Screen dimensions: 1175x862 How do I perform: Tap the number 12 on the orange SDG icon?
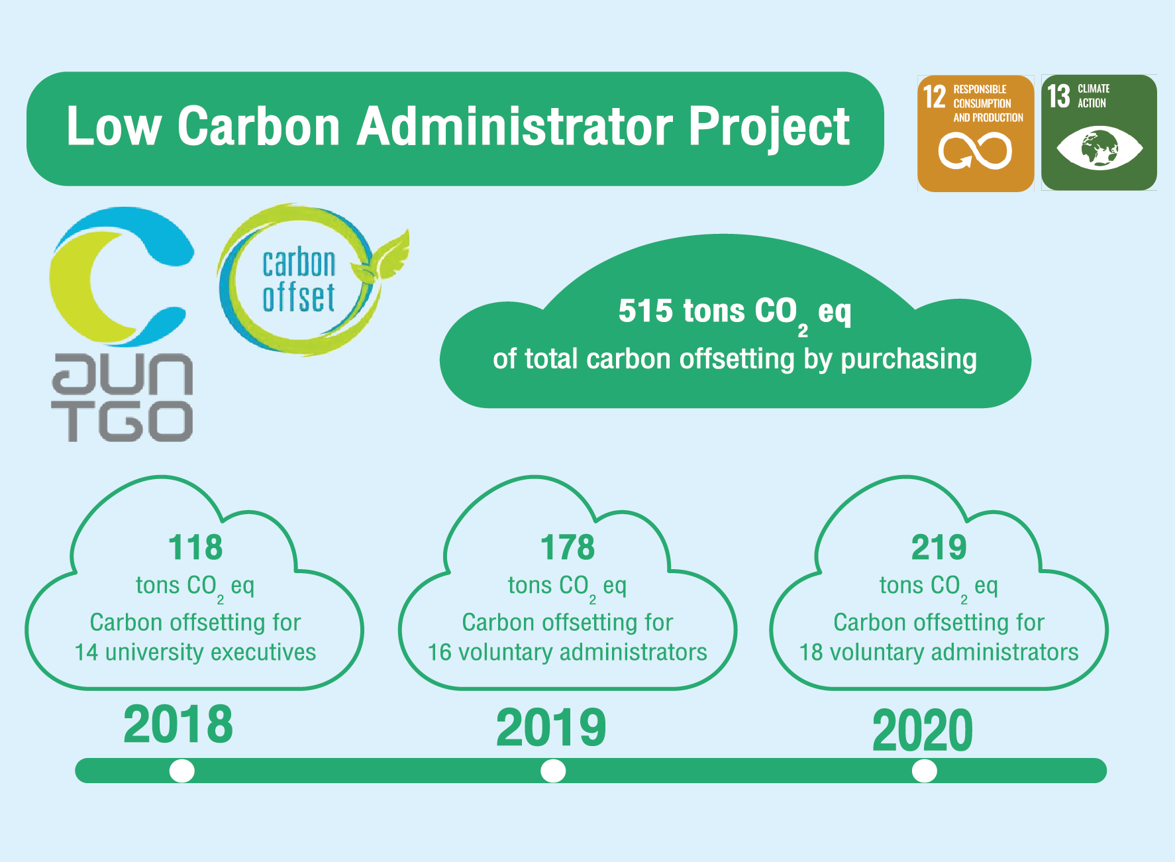935,97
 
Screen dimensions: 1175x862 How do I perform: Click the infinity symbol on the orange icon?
975,151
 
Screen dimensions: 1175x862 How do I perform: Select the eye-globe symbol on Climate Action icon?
1099,148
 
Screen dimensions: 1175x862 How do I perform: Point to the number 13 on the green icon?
1058,96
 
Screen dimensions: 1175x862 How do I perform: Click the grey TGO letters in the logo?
123,421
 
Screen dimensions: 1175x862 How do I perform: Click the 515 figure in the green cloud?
645,311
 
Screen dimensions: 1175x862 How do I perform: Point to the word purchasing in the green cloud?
909,360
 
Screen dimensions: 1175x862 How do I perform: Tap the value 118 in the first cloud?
195,548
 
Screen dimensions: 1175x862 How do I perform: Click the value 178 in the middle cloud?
568,548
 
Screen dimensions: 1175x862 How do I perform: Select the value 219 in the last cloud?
939,548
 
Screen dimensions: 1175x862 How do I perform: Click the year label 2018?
178,724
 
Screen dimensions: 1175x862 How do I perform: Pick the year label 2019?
551,727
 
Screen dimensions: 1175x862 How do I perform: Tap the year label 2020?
923,730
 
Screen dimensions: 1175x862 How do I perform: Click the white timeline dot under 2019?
553,771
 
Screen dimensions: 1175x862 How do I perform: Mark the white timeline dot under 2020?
925,771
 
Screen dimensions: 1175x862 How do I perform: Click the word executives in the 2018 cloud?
263,653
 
